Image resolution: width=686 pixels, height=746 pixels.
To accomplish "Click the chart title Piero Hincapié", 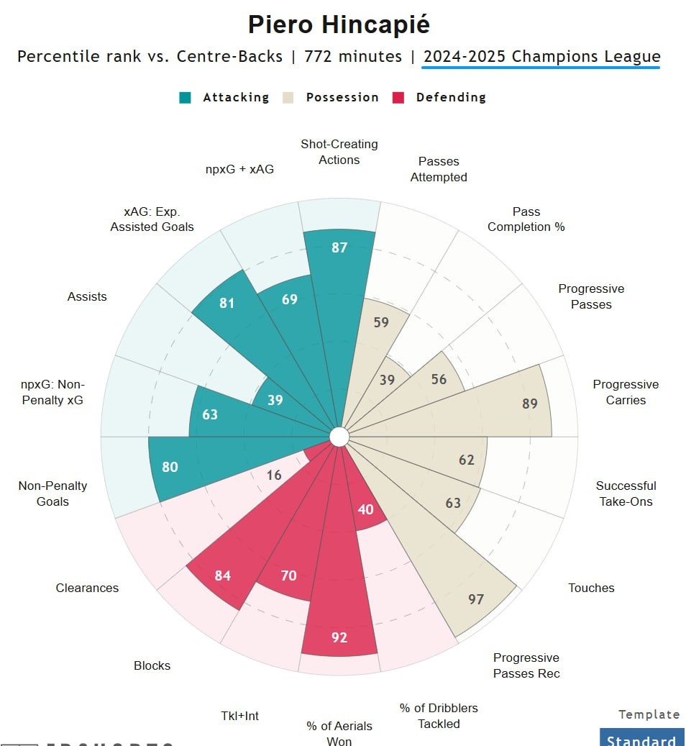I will click(x=339, y=25).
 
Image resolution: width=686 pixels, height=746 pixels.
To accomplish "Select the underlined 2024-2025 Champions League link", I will click(x=541, y=56).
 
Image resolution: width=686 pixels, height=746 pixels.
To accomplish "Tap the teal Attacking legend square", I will click(x=186, y=97).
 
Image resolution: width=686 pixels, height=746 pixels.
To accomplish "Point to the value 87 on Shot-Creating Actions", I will click(x=339, y=248).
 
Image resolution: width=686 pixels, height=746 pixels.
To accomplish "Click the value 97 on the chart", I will click(x=476, y=599).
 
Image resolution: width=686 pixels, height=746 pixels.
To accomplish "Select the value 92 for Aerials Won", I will click(x=339, y=637).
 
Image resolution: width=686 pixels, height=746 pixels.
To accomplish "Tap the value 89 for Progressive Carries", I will click(x=530, y=404).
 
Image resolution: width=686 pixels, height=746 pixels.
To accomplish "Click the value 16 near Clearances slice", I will click(x=274, y=476).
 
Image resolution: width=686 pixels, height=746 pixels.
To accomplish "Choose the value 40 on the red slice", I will click(x=365, y=509).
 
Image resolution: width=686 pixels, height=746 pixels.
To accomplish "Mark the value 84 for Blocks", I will click(x=223, y=576).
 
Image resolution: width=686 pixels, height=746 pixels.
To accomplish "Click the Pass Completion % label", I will click(x=526, y=219).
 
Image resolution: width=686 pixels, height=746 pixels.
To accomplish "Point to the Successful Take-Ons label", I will click(x=626, y=493).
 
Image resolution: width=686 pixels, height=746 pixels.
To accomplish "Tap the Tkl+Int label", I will click(x=239, y=716).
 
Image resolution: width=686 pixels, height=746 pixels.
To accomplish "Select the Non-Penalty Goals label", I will click(x=52, y=493).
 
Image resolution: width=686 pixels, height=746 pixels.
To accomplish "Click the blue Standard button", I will click(x=641, y=740).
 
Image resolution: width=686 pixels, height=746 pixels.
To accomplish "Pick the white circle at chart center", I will click(x=339, y=437).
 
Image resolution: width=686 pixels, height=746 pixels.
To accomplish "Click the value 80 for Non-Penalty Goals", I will click(x=170, y=467).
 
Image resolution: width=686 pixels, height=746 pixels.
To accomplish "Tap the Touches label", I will click(x=591, y=588).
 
